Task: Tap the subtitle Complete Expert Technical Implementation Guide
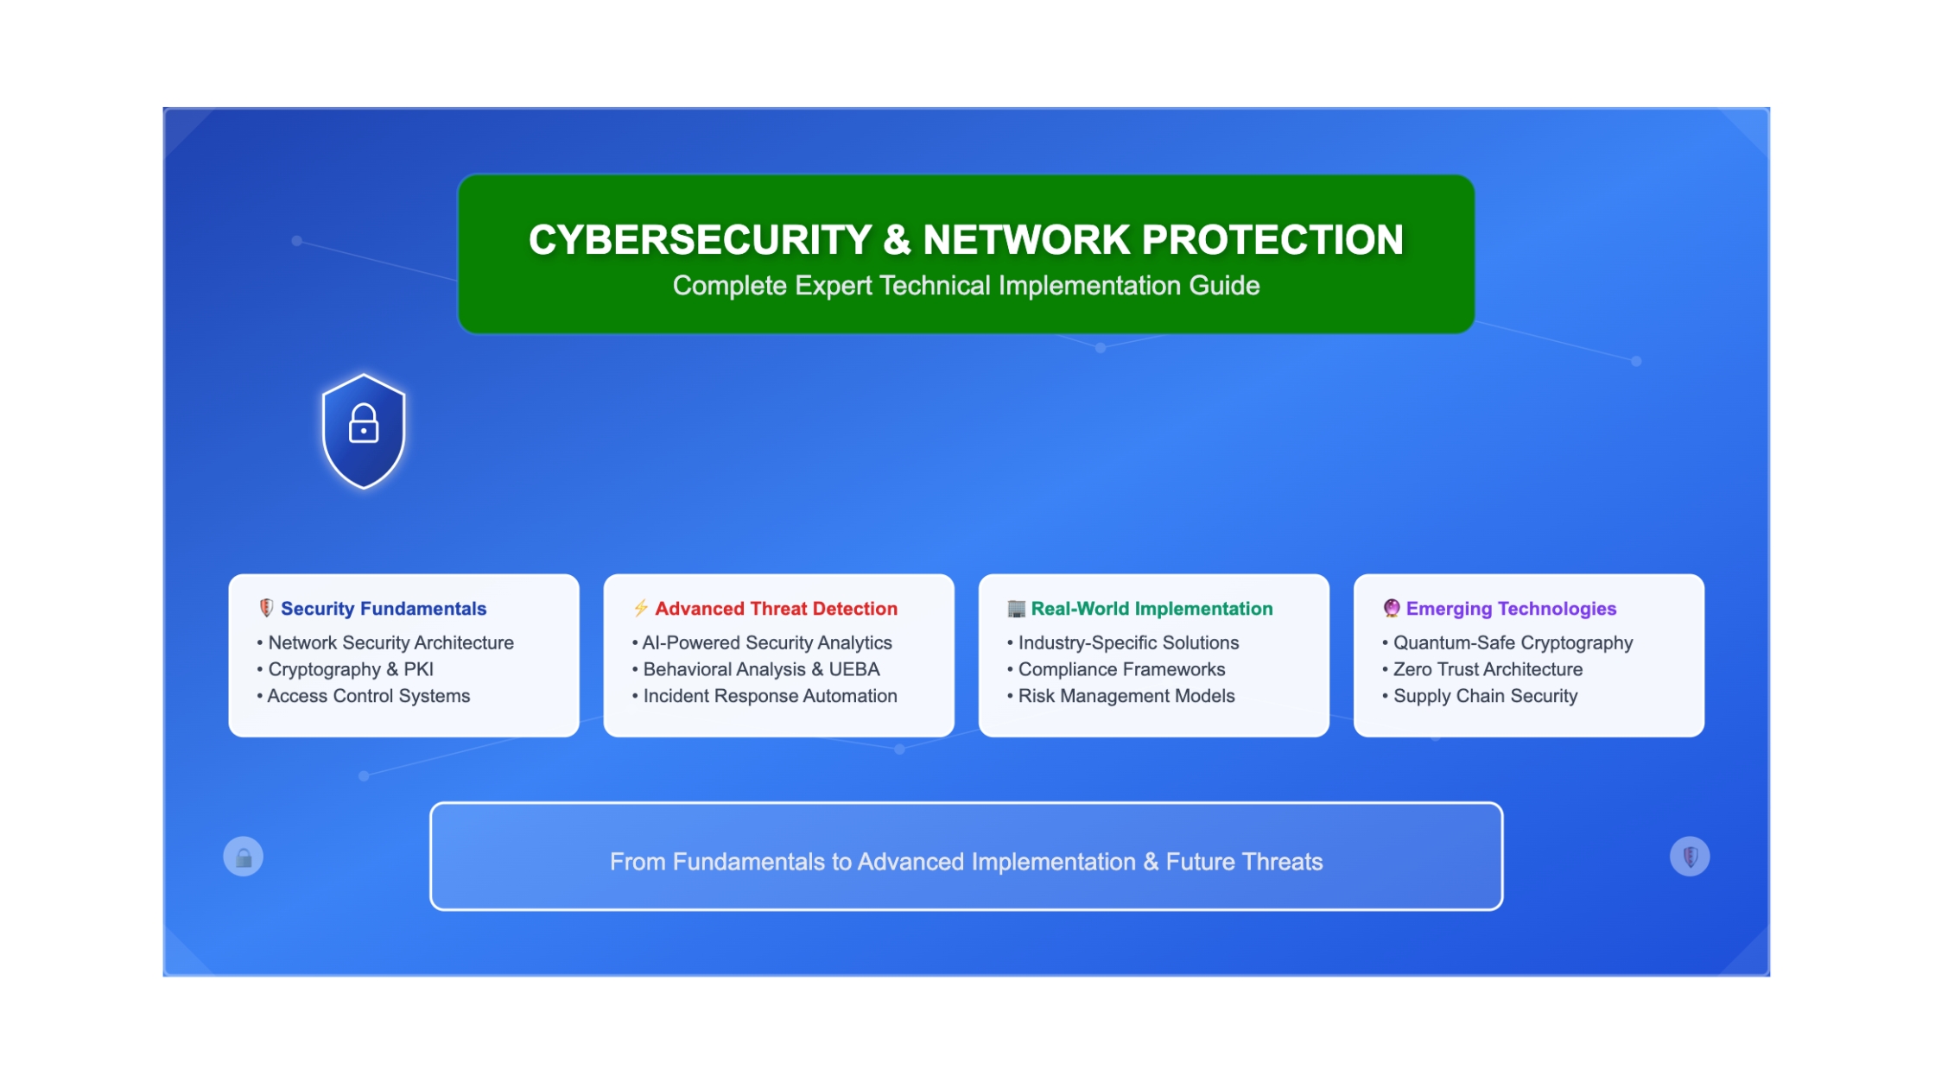point(966,286)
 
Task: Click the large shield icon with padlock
point(364,431)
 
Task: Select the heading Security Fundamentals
point(384,609)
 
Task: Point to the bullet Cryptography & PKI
point(351,669)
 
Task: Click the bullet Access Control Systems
point(369,696)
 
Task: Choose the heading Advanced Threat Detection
point(776,609)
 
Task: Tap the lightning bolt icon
point(640,608)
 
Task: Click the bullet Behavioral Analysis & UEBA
point(761,669)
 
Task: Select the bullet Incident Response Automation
point(770,696)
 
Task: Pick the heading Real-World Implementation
point(1151,609)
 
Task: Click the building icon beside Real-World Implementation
point(1016,609)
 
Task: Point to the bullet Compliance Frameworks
point(1121,669)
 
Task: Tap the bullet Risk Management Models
point(1126,696)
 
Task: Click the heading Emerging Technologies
point(1511,609)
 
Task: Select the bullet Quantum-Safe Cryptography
point(1513,643)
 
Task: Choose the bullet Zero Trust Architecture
point(1488,669)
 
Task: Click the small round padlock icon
point(244,857)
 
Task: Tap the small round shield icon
point(1690,857)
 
